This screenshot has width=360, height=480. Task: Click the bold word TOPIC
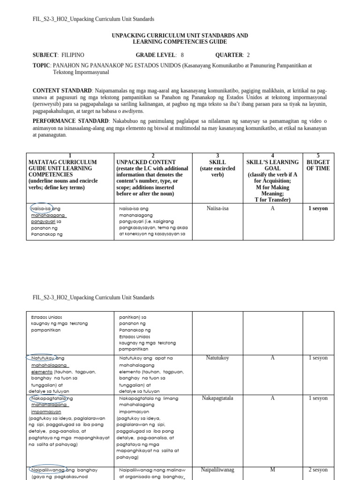(x=41, y=66)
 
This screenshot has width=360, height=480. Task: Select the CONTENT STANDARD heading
(x=62, y=90)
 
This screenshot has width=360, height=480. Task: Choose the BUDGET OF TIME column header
(x=318, y=165)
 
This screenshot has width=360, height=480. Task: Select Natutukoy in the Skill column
(x=217, y=358)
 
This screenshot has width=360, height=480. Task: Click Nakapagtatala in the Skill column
(x=217, y=398)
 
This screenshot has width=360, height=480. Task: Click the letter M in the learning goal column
(x=272, y=469)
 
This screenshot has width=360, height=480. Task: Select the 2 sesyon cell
(x=318, y=469)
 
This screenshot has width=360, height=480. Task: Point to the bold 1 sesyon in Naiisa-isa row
(x=318, y=209)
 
